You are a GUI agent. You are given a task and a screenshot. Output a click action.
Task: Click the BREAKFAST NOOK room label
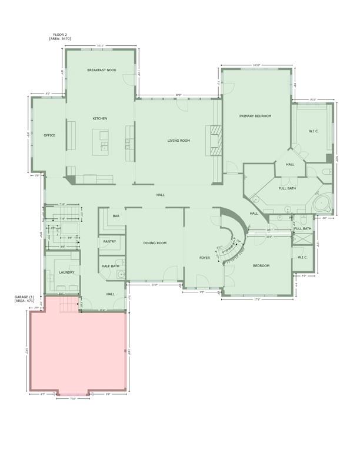[x=102, y=70]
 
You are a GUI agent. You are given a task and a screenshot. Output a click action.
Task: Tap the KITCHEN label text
[x=100, y=119]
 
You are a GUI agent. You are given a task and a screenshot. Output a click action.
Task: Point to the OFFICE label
[x=49, y=135]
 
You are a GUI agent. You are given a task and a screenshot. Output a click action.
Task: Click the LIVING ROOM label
[x=178, y=141]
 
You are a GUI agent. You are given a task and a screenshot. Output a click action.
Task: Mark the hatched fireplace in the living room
[x=216, y=141]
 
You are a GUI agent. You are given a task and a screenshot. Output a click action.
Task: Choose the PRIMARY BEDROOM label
[x=255, y=116]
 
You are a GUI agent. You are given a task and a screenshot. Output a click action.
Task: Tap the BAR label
[x=116, y=217]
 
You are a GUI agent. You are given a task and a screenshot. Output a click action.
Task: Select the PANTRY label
[x=109, y=241]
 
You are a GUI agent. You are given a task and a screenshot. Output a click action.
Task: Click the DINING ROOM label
[x=155, y=243]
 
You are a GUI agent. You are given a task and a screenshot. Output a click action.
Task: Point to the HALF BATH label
[x=110, y=266]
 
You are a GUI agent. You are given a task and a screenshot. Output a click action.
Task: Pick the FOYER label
[x=205, y=258]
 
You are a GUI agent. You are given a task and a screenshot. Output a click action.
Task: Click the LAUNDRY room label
[x=66, y=272]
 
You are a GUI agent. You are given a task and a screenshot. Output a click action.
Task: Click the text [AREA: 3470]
[x=60, y=39]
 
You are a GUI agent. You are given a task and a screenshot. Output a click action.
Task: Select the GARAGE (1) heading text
[x=24, y=297]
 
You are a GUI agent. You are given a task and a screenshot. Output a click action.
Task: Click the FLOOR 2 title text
[x=60, y=35]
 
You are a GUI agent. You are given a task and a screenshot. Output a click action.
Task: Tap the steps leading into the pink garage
[x=70, y=304]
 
